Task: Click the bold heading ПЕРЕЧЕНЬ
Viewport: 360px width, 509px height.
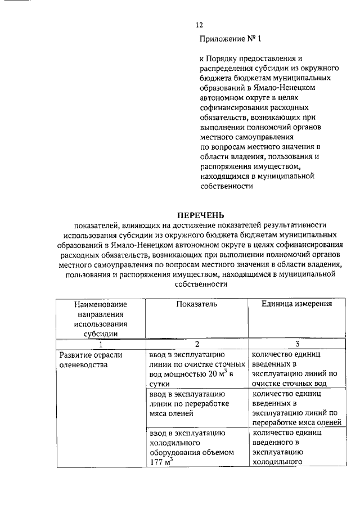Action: (201, 215)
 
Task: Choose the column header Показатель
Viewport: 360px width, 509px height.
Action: (196, 304)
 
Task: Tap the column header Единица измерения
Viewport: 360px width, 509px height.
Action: (296, 304)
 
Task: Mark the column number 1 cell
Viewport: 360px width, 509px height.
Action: (100, 344)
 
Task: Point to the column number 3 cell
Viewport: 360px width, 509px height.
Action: (296, 344)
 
